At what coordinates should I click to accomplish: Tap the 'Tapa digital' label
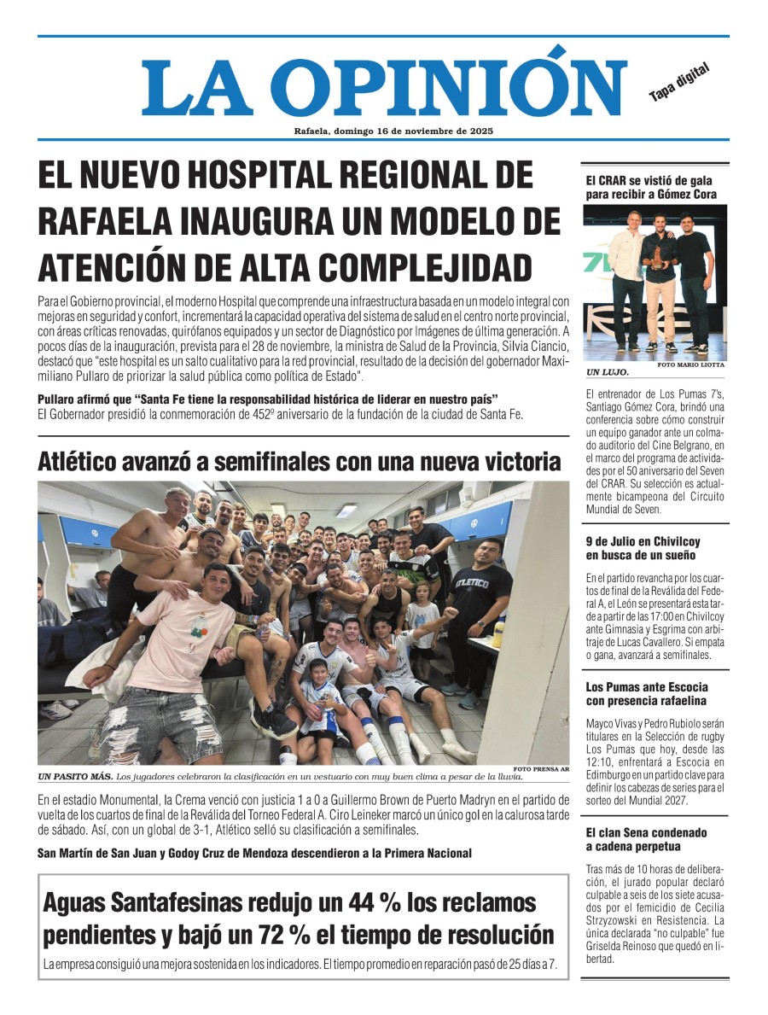679,83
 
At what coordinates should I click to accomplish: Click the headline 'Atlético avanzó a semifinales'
299,462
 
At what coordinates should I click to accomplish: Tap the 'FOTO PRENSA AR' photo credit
541,768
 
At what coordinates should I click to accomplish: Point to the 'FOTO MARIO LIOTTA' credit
690,365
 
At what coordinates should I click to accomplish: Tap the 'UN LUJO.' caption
608,372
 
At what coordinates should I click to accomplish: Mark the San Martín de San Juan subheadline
254,853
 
